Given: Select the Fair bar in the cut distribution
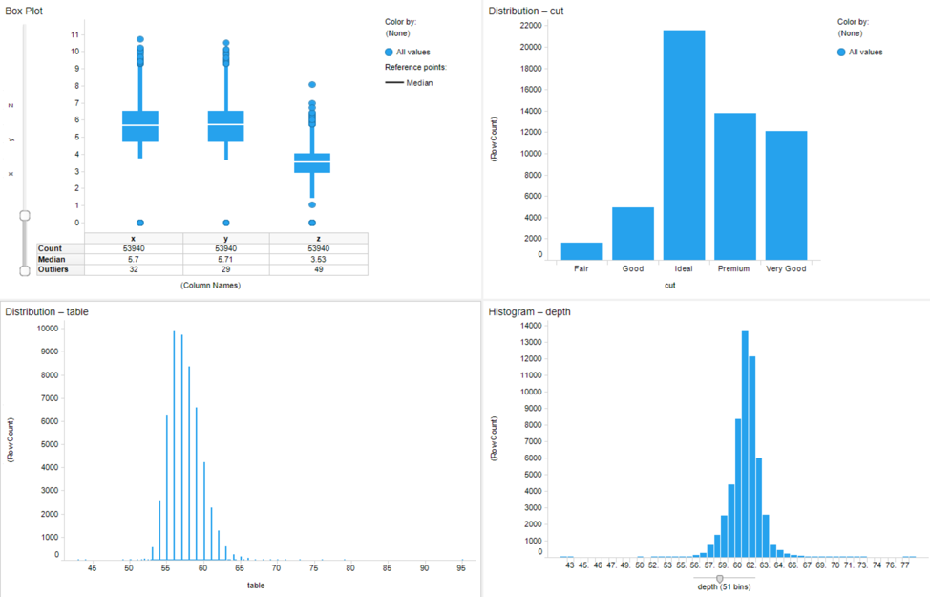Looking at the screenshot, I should (581, 251).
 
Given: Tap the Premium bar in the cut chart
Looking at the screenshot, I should (734, 186).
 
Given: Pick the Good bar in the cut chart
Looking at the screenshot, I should (632, 233).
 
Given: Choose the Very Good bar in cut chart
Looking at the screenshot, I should (786, 195).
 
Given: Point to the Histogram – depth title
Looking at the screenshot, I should (530, 312).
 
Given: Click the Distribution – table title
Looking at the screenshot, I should (47, 312).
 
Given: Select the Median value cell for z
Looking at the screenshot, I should (318, 259).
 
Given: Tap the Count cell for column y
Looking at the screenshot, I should (225, 248).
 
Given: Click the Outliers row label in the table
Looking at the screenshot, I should (53, 269).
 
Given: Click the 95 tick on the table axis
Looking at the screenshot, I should (462, 568).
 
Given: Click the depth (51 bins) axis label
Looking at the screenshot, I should (724, 586).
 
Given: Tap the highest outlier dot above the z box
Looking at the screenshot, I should (312, 85).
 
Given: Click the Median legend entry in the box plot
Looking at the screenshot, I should (418, 83).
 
